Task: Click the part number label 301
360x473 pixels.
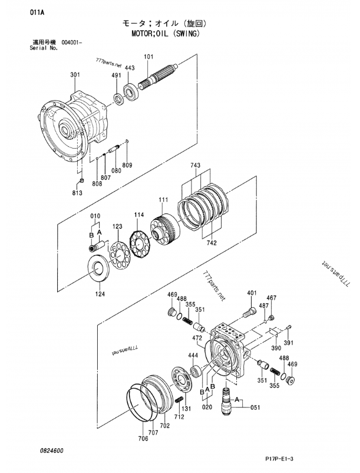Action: [75, 74]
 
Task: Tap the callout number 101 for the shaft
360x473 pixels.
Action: [148, 57]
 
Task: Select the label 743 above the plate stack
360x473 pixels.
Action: [195, 165]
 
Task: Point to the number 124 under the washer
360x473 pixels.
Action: [100, 294]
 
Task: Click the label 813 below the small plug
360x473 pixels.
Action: [77, 192]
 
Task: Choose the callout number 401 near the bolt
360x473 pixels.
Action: [252, 293]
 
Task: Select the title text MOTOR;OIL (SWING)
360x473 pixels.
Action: [166, 33]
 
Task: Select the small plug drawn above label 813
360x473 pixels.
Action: [81, 180]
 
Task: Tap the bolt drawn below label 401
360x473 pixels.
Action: [249, 313]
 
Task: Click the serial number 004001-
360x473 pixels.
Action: [72, 42]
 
